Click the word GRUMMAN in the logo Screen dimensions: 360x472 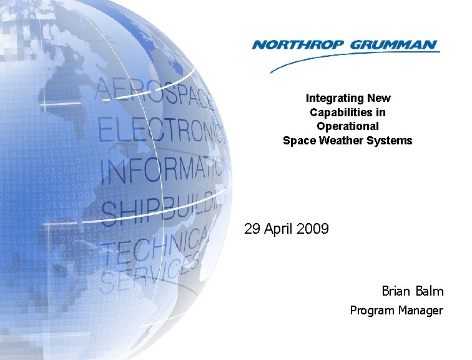[394, 44]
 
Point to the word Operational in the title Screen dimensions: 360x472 [348, 126]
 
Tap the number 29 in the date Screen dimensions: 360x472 [252, 229]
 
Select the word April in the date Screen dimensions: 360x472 [279, 229]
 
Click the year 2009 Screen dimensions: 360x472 [313, 229]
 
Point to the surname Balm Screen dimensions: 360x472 [430, 291]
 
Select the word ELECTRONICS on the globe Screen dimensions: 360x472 [160, 128]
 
